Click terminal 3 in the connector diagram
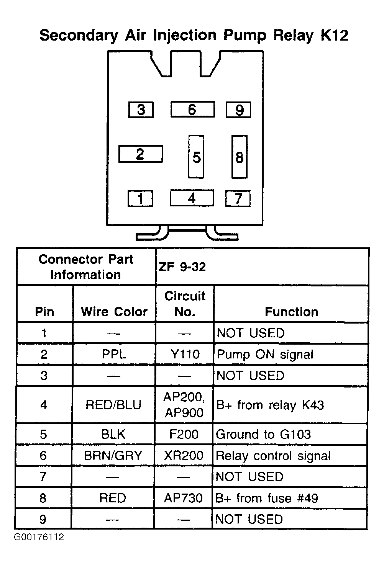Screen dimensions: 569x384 (141, 110)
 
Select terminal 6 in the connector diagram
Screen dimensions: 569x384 (192, 110)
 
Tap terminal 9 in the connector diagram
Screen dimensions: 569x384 (238, 110)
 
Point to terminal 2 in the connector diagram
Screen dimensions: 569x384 (140, 154)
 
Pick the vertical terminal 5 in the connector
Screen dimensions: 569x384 (196, 157)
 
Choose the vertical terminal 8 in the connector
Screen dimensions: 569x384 (240, 157)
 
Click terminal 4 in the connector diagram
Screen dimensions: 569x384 (192, 198)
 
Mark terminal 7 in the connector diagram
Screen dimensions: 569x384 (238, 198)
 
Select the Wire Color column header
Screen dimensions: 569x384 (114, 312)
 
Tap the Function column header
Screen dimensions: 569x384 (291, 312)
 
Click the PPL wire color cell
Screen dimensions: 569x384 (114, 354)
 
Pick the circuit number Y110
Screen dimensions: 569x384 (185, 354)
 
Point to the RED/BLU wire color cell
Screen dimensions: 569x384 (113, 405)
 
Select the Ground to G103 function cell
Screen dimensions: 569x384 (263, 434)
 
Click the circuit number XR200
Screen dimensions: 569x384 (184, 456)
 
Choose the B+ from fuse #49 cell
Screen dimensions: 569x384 (267, 498)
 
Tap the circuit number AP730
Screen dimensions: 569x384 (184, 498)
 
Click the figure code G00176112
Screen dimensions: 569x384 (39, 537)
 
